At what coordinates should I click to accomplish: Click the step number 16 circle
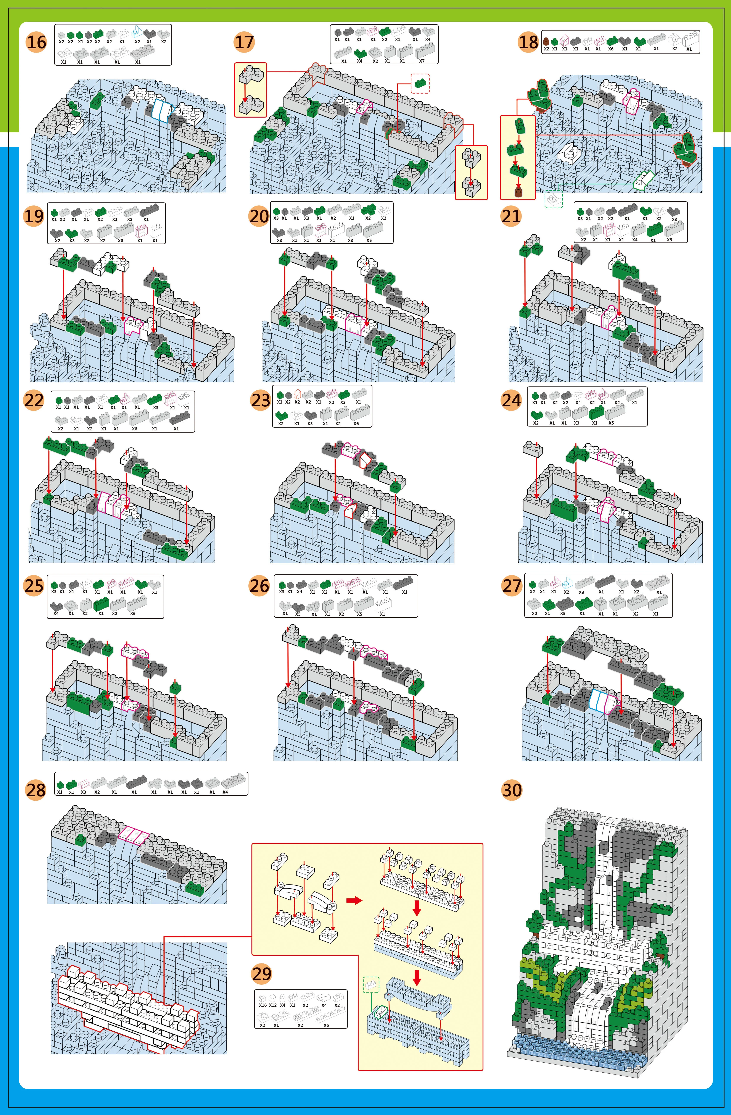pyautogui.click(x=36, y=42)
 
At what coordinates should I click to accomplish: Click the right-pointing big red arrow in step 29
pyautogui.click(x=354, y=900)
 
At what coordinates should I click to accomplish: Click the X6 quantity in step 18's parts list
pyautogui.click(x=611, y=49)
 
